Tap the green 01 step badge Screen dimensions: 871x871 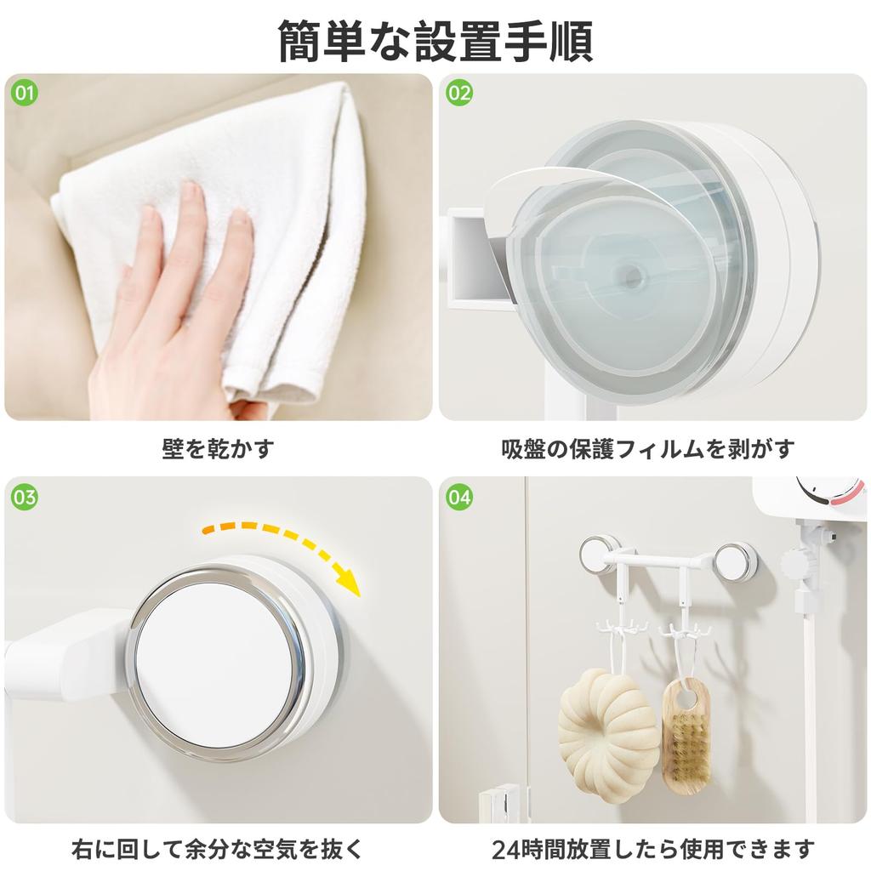[25, 93]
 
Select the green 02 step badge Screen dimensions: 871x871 [459, 93]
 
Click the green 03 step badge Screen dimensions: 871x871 [25, 497]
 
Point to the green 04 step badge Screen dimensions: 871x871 [459, 497]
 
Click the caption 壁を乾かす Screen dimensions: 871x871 [218, 448]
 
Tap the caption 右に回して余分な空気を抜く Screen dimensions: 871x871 [218, 847]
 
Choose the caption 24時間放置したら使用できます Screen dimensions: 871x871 [652, 847]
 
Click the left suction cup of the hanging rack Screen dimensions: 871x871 [600, 554]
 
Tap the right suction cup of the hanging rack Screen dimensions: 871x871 [735, 561]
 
